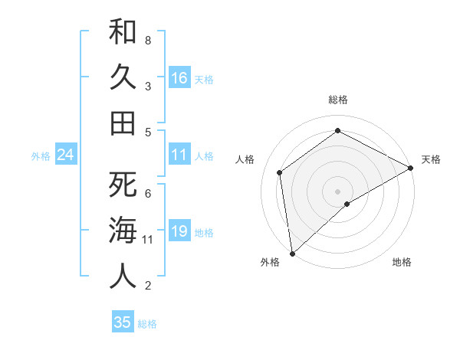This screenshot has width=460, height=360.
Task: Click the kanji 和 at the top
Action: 123,31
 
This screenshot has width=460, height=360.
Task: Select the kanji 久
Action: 123,77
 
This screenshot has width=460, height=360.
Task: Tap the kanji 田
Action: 123,123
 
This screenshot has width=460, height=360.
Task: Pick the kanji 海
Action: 123,230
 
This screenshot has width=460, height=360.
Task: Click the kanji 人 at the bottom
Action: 123,276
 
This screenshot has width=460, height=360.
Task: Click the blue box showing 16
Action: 179,77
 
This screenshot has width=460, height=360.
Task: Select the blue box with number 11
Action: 179,155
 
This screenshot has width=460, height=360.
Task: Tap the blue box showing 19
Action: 179,231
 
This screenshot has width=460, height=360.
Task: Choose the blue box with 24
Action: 65,155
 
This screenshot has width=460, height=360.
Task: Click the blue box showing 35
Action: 123,322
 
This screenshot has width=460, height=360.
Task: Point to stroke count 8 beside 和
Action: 148,40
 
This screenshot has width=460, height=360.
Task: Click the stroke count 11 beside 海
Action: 148,240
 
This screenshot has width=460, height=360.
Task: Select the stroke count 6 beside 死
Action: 148,194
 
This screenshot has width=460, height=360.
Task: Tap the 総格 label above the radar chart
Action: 338,100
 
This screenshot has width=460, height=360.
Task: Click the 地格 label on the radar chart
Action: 402,262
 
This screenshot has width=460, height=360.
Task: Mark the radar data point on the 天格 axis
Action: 411,169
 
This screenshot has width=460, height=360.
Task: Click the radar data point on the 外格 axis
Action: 292,253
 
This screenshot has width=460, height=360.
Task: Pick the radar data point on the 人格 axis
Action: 280,172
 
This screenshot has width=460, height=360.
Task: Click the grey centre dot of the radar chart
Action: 337,190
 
